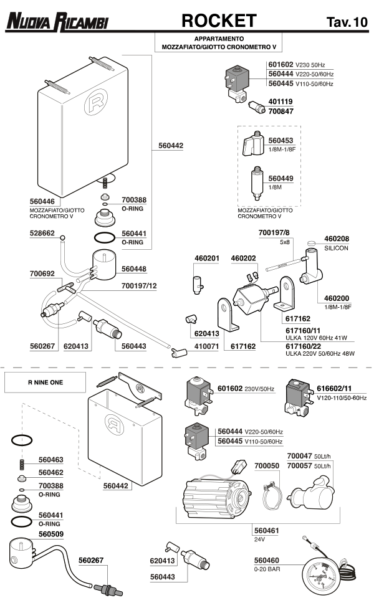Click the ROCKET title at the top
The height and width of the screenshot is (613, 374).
pos(219,21)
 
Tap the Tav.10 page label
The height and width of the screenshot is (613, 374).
pos(347,22)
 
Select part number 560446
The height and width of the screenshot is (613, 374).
pos(43,201)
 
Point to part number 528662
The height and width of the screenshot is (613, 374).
pos(43,234)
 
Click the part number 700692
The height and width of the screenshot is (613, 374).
pos(43,273)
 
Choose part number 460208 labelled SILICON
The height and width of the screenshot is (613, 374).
pos(337,239)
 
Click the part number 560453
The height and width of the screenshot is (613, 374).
pos(280,142)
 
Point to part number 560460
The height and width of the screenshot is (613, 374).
pos(267,559)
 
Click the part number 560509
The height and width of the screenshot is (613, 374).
pos(52,534)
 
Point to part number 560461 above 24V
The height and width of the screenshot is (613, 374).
pos(267,531)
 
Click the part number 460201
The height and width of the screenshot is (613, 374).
pos(208,258)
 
